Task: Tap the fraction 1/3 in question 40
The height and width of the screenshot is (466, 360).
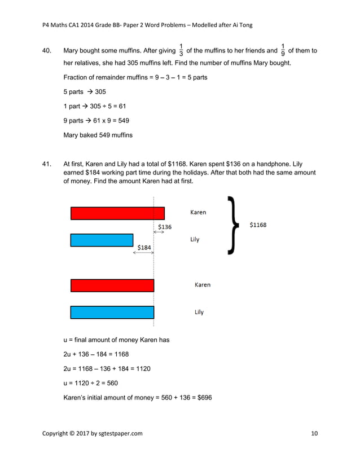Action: pos(181,50)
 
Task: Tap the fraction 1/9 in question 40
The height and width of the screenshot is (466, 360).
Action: pos(283,50)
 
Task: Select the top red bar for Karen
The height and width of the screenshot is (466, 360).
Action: pos(117,213)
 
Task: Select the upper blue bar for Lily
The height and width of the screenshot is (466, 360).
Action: pos(102,240)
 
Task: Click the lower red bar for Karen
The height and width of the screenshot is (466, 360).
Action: pos(112,285)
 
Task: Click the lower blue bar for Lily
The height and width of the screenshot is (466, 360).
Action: pos(112,312)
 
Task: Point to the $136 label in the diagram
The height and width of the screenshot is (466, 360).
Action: pos(165,227)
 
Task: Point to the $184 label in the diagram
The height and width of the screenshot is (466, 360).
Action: pos(144,247)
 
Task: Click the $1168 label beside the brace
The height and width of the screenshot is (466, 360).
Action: pos(258,225)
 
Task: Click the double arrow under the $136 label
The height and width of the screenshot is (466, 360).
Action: pos(159,232)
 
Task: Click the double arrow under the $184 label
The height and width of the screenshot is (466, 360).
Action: pos(143,252)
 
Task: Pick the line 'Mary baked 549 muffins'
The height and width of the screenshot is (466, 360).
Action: pos(98,135)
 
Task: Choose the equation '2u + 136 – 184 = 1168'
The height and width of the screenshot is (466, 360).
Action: pos(96,354)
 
